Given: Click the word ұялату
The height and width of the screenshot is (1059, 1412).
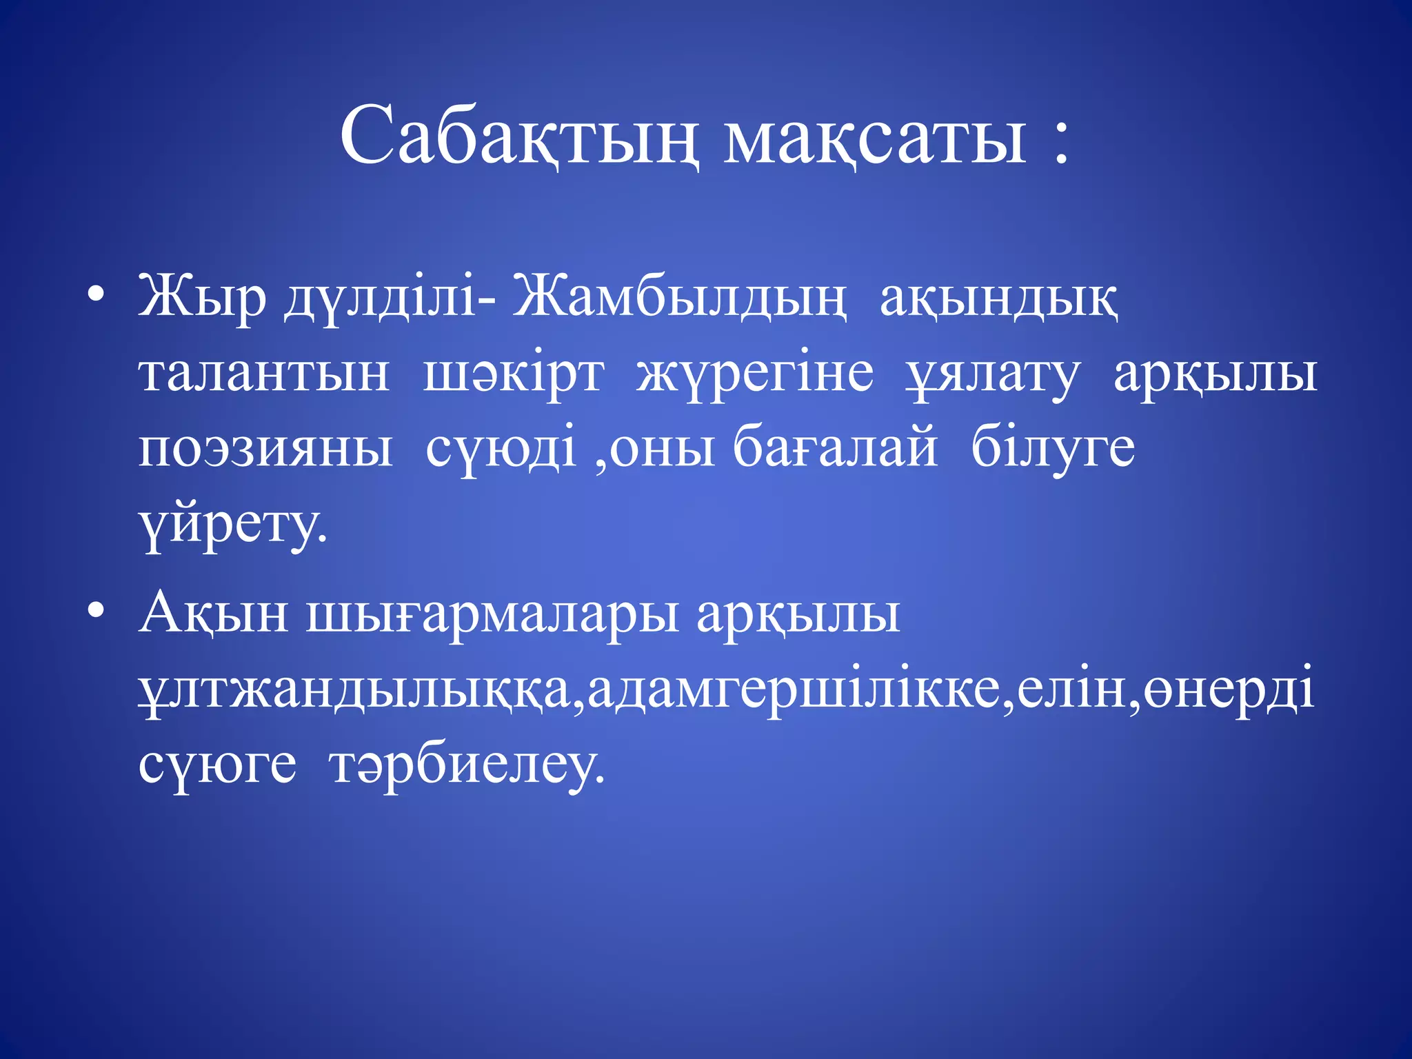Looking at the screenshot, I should tap(993, 376).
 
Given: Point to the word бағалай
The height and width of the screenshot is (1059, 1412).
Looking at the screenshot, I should tap(835, 448).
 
